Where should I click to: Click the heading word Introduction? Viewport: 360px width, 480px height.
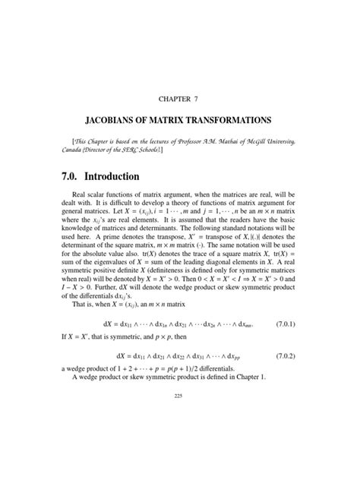click(x=131, y=178)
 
